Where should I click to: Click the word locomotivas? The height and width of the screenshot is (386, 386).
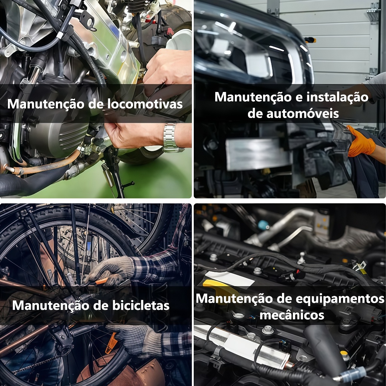pos(145,104)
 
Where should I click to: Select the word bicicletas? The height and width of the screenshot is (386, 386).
pos(141,305)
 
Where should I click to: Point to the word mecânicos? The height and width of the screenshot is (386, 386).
pos(292,315)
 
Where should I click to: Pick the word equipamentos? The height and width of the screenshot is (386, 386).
pos(340,299)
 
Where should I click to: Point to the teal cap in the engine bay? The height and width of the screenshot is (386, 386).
pos(263,225)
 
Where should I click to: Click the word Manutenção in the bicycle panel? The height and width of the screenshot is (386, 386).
pos(51,306)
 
